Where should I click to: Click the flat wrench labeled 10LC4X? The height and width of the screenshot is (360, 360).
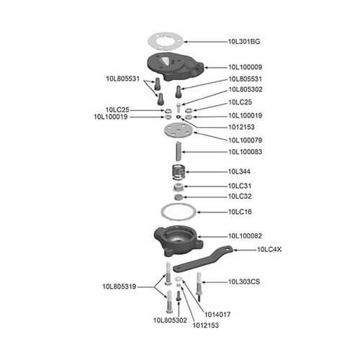pyautogui.click(x=213, y=255)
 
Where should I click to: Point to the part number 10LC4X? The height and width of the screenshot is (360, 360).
pyautogui.click(x=271, y=250)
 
